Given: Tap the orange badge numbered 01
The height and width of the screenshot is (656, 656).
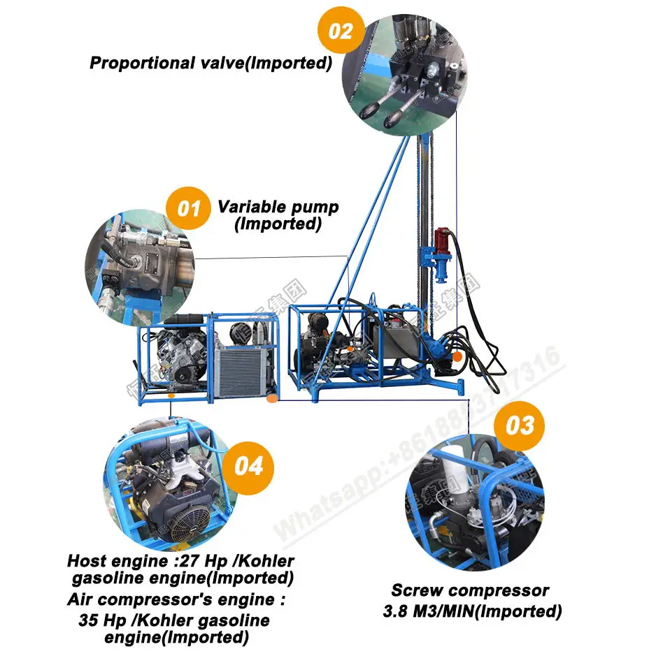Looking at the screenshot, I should coord(188,208).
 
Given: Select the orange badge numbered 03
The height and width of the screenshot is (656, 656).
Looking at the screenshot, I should coord(519,425).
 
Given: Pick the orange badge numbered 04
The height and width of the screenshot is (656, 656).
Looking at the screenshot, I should coord(250,465).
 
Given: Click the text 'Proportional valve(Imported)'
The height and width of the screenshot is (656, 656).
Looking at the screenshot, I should coord(211,63).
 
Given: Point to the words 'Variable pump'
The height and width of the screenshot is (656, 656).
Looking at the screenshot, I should coord(278,207).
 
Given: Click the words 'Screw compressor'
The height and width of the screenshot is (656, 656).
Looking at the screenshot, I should coord(470,591).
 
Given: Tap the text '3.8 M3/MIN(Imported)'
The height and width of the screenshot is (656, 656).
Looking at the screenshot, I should coord(473,611).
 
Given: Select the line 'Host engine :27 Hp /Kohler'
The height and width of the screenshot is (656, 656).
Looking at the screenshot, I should coord(180,561).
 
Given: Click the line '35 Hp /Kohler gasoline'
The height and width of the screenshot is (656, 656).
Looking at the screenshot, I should coord(173,620).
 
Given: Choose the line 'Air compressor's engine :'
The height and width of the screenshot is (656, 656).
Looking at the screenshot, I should coord(176,600).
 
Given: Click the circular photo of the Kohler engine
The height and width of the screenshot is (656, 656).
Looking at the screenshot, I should coord(169,482).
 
